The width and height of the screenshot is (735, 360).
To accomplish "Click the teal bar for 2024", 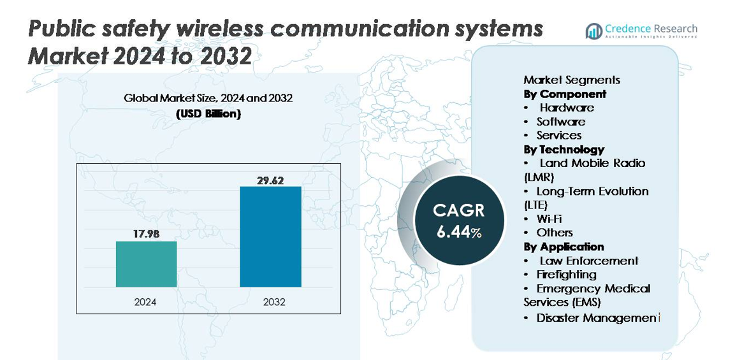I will point(146,264).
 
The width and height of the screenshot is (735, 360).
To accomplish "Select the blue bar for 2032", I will point(270,236).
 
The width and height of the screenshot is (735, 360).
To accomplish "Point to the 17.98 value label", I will point(146,234).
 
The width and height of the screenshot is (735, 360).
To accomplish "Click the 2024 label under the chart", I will point(145,301).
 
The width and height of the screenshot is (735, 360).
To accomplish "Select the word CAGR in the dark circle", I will point(459,210).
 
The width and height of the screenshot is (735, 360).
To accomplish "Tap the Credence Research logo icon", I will point(594,31).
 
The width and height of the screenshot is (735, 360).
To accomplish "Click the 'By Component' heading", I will point(565,94).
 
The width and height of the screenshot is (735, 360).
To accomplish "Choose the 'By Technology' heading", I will point(564,149).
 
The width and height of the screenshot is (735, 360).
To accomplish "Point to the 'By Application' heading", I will point(564,247).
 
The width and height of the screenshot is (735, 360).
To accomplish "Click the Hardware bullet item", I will point(567,108).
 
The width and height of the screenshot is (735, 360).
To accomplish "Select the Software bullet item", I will point(560,122).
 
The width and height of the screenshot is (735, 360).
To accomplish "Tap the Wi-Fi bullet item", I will point(549,219).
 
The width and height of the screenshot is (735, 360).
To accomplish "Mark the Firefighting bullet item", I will point(566,274).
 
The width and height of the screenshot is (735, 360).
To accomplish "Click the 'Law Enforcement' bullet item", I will point(588,261).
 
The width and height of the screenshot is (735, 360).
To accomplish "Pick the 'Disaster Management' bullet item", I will point(597,317).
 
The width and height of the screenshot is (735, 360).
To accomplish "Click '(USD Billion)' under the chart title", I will point(208,114).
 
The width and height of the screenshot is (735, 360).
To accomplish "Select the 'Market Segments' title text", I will point(572,80).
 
